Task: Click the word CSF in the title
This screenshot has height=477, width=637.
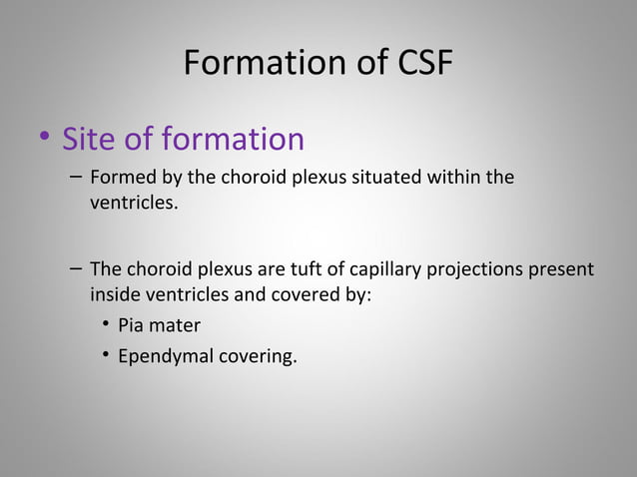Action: point(416,64)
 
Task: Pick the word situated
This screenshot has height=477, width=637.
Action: point(399,180)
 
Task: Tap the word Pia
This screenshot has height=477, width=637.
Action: point(132,325)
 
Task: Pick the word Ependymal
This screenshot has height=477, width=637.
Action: point(161,356)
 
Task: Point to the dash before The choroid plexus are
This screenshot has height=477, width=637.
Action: point(77,270)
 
